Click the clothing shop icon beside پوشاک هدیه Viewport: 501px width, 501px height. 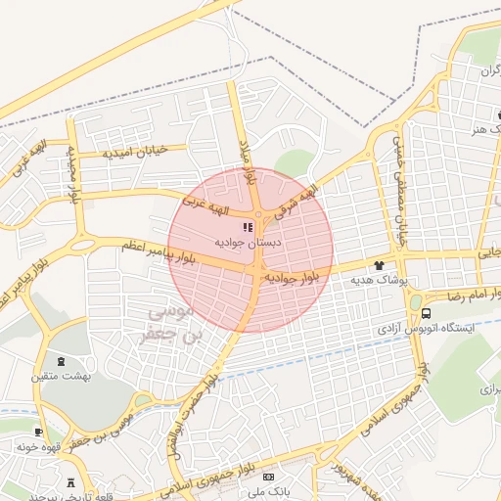coord(379,265)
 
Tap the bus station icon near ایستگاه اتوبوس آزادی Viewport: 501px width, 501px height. coord(426,313)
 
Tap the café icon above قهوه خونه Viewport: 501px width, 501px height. coord(38,432)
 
